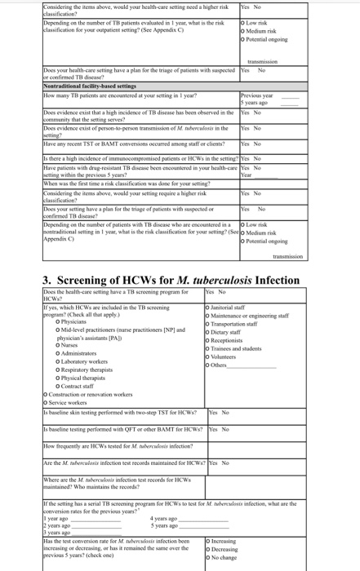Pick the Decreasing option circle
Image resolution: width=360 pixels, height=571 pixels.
[x=210, y=550]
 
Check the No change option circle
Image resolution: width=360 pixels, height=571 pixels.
[x=210, y=558]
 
